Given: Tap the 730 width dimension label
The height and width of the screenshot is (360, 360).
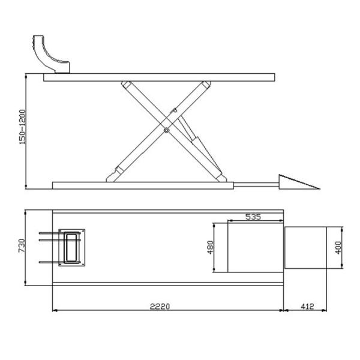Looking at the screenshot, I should (22, 246).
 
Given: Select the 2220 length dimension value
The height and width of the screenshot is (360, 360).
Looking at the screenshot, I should (160, 306).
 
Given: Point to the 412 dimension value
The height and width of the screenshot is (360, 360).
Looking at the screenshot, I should (308, 306).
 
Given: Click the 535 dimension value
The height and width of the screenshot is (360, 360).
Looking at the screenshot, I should (253, 217).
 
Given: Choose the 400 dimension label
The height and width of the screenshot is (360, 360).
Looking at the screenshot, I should (338, 247).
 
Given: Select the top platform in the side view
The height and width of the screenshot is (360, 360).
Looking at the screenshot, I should (159, 77).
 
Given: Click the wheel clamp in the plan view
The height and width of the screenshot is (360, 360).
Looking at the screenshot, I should (73, 247).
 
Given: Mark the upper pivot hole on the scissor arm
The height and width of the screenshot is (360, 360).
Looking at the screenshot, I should (175, 110).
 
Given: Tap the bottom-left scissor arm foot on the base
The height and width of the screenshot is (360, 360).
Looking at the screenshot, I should (113, 176).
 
